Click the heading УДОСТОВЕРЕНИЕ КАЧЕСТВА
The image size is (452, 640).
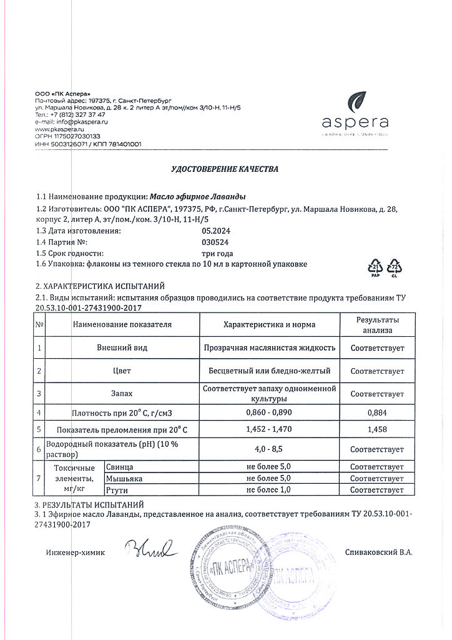tap(225, 169)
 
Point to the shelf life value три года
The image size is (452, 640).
tap(217, 253)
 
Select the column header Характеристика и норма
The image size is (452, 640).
tap(270, 324)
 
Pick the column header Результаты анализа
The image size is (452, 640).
tap(377, 324)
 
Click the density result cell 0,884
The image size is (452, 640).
tap(377, 413)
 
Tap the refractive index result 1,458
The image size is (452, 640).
tap(377, 430)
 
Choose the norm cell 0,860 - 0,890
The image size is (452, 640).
tap(270, 413)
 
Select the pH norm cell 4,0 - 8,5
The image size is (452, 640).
tap(270, 449)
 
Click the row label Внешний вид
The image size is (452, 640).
tap(122, 347)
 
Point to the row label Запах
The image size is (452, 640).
tap(122, 394)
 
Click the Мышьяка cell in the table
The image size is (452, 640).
tap(120, 478)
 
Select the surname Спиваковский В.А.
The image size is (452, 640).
tap(378, 552)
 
